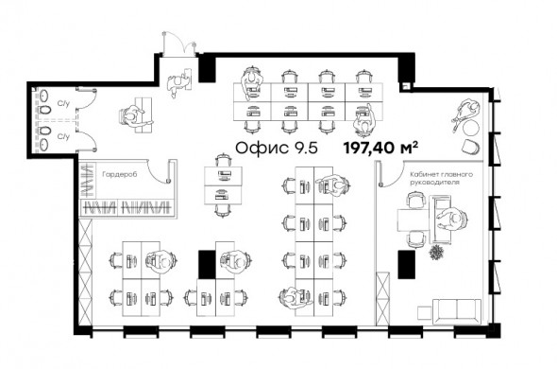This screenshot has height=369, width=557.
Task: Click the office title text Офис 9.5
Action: tap(277, 148)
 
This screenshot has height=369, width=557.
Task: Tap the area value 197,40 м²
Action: tap(380, 148)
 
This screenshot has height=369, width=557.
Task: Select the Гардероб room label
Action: tap(119, 174)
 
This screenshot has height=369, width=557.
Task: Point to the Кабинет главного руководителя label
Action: tap(441, 178)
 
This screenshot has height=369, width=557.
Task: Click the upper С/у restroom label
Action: tap(63, 104)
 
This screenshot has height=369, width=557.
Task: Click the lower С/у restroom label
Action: tap(63, 136)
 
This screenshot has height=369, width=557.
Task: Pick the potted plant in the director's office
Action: tap(436, 253)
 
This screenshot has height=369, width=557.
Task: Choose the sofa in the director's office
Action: tap(457, 311)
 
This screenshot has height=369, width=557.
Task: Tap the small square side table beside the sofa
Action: tap(424, 313)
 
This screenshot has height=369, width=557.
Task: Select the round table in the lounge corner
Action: tap(471, 128)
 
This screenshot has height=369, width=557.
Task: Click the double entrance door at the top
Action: tap(179, 44)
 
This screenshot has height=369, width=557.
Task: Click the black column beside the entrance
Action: tap(207, 68)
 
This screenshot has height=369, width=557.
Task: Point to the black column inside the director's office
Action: tap(406, 264)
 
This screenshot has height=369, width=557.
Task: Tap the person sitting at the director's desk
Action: tap(453, 219)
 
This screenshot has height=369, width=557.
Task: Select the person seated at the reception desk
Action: tap(133, 115)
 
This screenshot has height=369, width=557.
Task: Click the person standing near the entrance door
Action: tap(178, 82)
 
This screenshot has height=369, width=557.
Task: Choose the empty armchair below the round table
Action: tap(471, 147)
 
